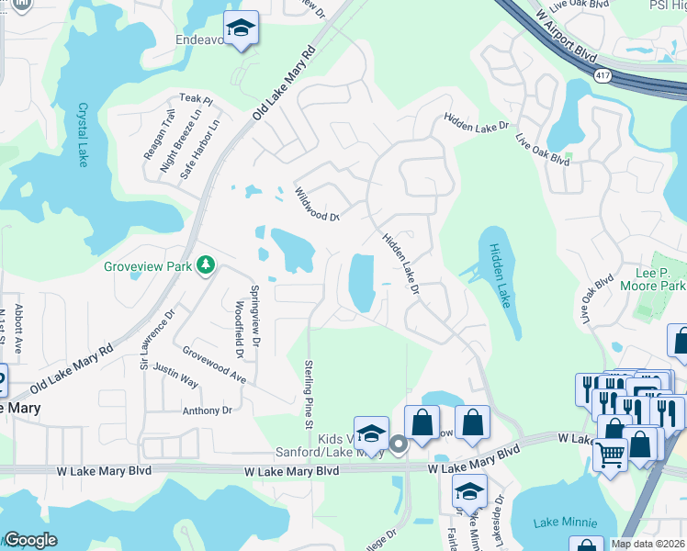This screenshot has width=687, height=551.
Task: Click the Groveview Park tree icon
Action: tap(207, 265)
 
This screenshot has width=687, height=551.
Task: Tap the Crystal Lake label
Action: tap(83, 134)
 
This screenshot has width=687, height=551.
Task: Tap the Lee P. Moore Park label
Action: tap(660, 280)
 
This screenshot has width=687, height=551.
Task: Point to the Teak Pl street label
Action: tap(196, 98)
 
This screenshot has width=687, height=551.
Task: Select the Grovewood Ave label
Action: tap(214, 364)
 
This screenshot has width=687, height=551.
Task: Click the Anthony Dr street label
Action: tap(208, 410)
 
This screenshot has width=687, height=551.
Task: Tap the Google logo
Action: tap(30, 540)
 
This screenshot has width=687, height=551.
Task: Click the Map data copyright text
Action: tap(648, 544)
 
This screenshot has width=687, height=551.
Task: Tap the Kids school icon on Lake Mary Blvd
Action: tap(371, 433)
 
